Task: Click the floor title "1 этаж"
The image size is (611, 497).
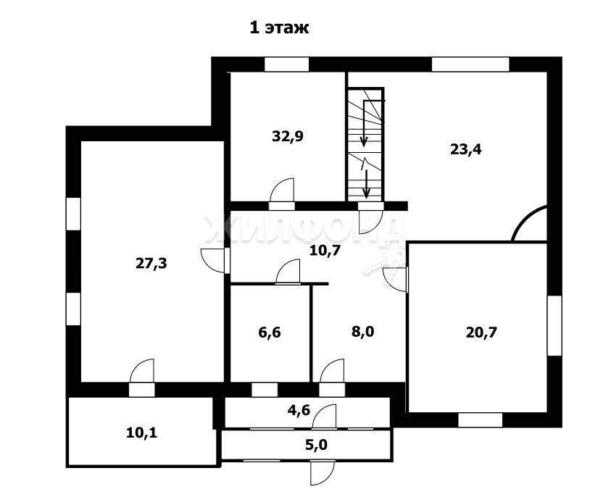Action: click(279, 28)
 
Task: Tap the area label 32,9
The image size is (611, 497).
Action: click(288, 136)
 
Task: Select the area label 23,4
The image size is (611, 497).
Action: click(465, 149)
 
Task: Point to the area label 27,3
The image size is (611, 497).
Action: click(151, 264)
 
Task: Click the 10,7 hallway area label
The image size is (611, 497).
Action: click(325, 251)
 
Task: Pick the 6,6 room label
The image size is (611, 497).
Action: click(270, 333)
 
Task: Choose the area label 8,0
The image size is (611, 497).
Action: click(363, 332)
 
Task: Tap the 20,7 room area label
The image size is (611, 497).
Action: click(481, 333)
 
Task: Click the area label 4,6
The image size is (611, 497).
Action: click(299, 410)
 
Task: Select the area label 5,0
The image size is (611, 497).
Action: click(316, 444)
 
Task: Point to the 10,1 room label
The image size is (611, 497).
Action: click(142, 433)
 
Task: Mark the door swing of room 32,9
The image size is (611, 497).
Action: click(282, 190)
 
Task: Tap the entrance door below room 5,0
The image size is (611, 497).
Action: click(323, 472)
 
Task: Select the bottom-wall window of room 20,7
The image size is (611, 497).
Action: click(480, 420)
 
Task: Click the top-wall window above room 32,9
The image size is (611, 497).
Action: click(287, 64)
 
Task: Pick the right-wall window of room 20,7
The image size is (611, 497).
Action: click(555, 325)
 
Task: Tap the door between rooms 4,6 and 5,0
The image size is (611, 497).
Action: click(324, 416)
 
